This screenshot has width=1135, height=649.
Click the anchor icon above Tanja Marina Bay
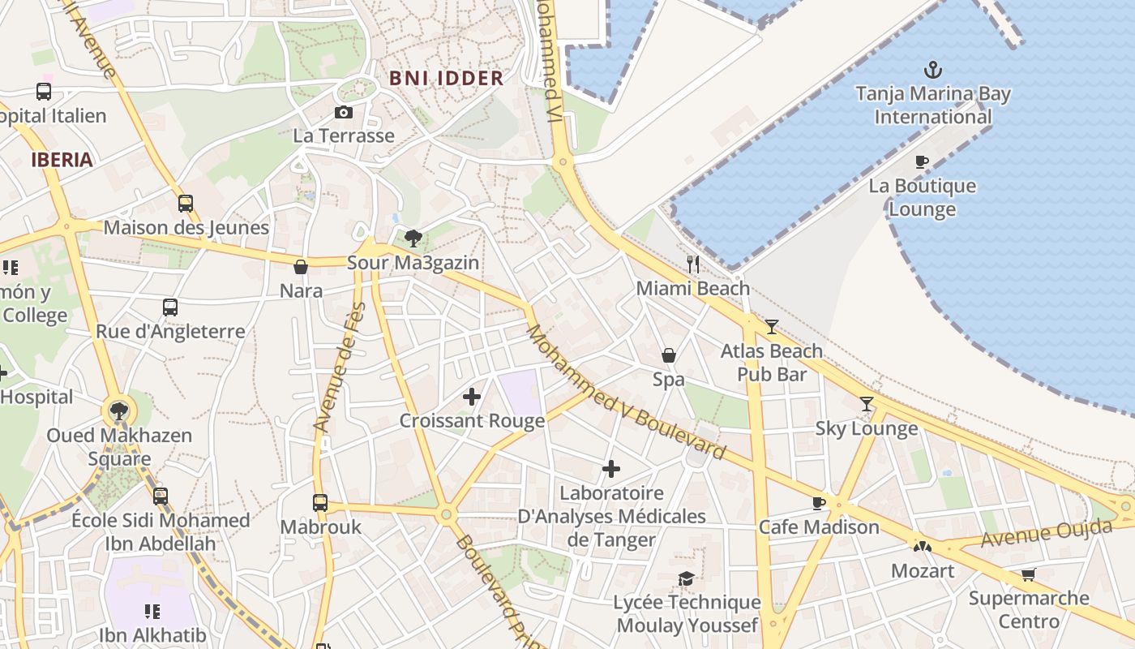[933, 69]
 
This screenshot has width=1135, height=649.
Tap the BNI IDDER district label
[446, 79]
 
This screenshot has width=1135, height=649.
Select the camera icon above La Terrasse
[344, 112]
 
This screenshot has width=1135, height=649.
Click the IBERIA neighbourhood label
[62, 160]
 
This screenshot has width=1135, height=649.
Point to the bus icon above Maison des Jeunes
[186, 204]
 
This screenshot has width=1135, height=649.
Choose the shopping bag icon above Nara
[301, 267]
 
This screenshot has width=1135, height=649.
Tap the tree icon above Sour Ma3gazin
[413, 238]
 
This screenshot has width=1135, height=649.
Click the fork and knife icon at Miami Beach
[693, 264]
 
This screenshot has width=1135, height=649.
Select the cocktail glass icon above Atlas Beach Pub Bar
[772, 327]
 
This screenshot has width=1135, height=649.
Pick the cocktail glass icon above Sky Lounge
[867, 404]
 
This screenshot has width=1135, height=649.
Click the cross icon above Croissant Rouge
[472, 397]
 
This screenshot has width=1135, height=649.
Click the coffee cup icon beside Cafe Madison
[819, 503]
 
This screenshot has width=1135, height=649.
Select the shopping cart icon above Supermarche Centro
[1029, 574]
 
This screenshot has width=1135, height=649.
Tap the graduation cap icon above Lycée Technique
[687, 578]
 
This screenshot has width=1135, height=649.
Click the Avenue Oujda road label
[1046, 533]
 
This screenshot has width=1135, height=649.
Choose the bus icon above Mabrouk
[320, 503]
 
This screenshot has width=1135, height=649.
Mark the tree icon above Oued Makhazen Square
[119, 410]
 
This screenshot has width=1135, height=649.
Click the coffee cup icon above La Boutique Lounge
[922, 161]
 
